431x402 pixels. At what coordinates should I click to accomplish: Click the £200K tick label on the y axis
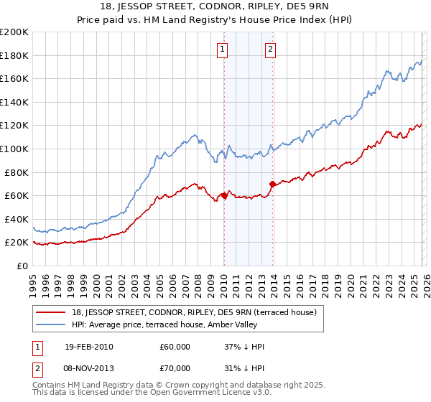tap(14, 32)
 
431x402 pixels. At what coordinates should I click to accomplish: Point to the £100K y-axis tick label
tap(14, 149)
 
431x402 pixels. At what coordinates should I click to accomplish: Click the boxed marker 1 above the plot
tap(223, 50)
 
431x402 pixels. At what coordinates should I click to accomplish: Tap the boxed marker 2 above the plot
tap(270, 50)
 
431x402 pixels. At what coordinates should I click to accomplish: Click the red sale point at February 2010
tap(224, 195)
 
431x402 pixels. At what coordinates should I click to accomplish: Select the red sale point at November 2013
tap(272, 184)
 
